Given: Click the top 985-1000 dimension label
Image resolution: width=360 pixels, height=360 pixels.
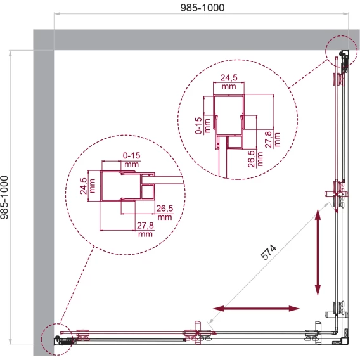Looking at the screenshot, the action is (x=202, y=8).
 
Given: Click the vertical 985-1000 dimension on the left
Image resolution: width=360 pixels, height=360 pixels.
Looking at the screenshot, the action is (x=4, y=198).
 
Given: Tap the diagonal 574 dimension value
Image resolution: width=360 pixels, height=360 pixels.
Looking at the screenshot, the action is (x=269, y=252).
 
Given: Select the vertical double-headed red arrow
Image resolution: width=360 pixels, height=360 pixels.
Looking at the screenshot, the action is (x=318, y=252).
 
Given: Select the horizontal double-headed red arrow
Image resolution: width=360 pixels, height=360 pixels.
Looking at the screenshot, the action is (x=256, y=308).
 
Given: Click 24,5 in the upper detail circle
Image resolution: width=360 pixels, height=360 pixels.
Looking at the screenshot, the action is (x=229, y=78).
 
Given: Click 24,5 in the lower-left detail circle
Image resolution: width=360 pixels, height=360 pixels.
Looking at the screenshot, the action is (x=84, y=186).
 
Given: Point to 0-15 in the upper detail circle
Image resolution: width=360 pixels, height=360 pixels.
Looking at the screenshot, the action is (x=198, y=125).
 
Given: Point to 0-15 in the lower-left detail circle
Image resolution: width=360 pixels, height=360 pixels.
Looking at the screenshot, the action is (x=132, y=156).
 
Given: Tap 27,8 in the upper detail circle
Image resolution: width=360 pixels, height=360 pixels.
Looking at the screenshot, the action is (x=269, y=139).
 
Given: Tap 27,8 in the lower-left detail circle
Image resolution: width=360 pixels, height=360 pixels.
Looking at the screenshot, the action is (x=145, y=226).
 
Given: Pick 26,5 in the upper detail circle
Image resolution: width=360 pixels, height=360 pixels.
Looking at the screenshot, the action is (x=252, y=159).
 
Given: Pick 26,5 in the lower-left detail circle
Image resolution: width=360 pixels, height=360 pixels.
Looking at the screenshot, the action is (x=165, y=209).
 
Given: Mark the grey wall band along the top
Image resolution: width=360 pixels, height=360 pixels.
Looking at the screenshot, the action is (x=196, y=40).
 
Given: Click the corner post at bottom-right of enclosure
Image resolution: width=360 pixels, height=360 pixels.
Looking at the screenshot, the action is (x=344, y=341).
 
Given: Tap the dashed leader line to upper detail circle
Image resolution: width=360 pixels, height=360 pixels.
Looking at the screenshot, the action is (x=309, y=74).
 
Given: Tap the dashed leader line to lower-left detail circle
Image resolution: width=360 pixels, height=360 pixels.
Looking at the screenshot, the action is (x=76, y=285).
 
